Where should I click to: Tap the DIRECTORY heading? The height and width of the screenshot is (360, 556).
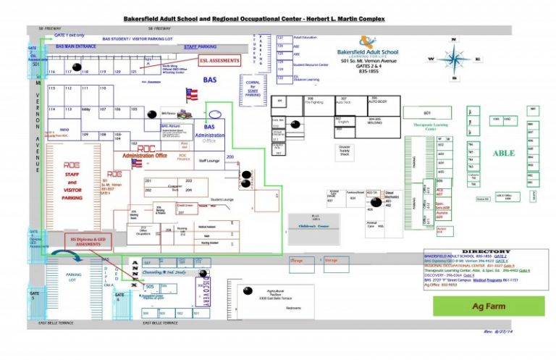[486, 251]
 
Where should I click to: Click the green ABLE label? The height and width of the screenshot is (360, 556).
[504, 153]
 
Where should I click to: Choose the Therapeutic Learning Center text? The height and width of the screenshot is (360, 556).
[427, 124]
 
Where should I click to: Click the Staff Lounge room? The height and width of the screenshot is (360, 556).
[209, 162]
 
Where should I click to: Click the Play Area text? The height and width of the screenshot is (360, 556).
[314, 217]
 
